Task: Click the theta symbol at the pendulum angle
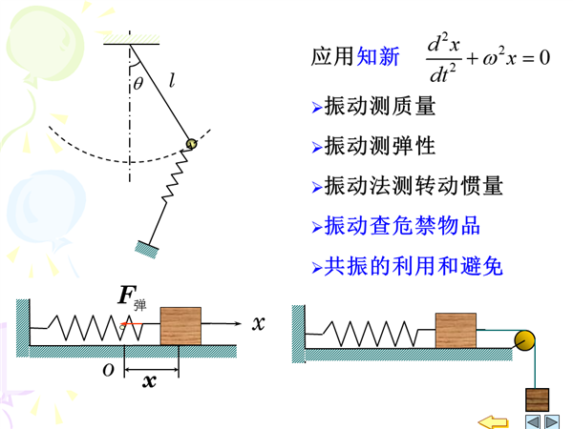138,84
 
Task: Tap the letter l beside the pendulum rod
172,83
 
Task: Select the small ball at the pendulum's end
191,142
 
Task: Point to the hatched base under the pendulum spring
148,248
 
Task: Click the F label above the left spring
126,295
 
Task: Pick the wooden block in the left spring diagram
180,325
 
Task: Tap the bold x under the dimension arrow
148,381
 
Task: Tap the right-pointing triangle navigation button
554,420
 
